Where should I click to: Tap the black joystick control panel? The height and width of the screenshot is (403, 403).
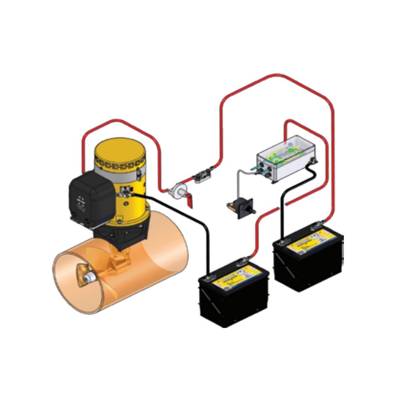(241, 208)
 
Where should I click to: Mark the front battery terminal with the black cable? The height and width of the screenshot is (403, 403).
(209, 278)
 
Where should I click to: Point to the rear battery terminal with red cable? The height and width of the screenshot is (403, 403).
(318, 224)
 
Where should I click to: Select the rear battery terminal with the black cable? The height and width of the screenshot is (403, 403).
(283, 241)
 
